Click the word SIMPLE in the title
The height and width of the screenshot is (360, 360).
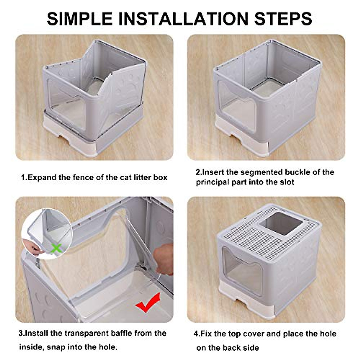(x=79, y=19)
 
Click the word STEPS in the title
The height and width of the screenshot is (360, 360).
(x=283, y=19)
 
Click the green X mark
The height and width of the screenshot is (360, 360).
(x=56, y=248)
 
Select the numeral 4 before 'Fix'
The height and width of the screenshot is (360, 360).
(x=196, y=334)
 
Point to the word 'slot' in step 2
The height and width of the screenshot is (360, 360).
(x=286, y=182)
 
